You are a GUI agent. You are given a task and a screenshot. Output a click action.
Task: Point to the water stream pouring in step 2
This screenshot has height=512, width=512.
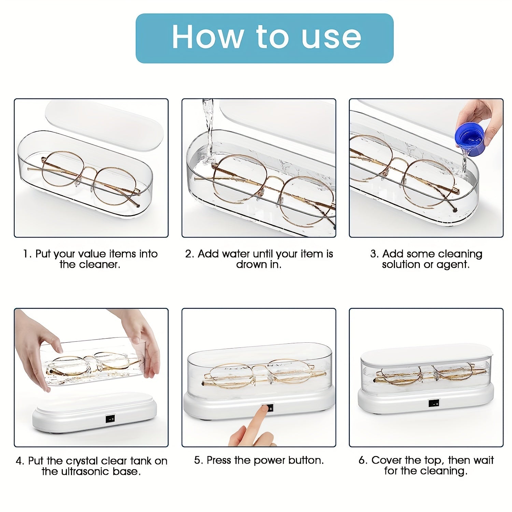[208, 130]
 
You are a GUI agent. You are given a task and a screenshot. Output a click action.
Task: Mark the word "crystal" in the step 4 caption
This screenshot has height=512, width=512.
[82, 461]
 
